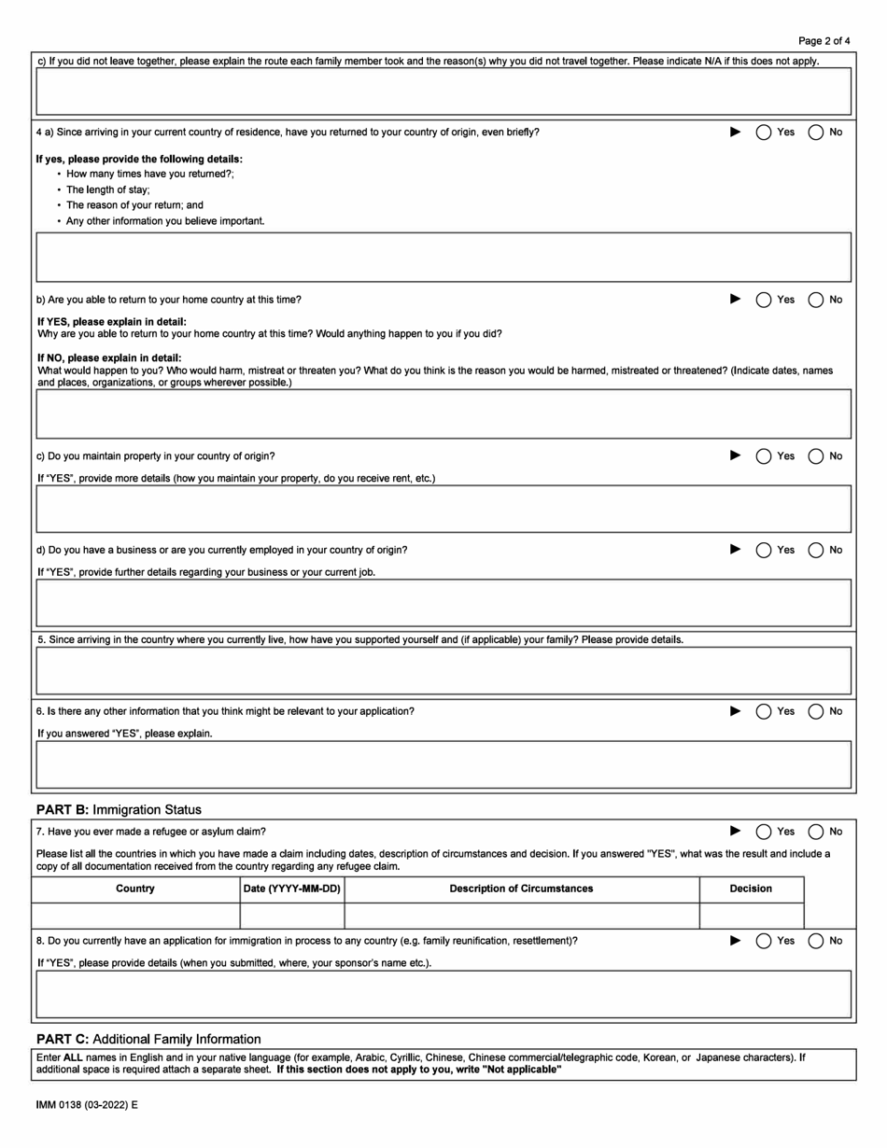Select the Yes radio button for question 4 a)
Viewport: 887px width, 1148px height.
763,132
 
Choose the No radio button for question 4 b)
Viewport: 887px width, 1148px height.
815,300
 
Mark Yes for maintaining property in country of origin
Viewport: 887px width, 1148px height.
763,455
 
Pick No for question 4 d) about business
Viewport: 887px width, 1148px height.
815,550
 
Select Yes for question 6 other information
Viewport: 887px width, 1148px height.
763,711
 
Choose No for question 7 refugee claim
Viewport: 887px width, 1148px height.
815,832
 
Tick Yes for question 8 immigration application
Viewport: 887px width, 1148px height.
763,941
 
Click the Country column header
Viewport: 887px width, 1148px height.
135,889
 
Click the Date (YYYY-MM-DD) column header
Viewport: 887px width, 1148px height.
291,889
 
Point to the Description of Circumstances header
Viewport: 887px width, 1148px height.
521,889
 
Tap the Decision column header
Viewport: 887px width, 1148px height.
751,889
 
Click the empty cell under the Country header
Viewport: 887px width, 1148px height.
135,915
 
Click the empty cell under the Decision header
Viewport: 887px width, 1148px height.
751,915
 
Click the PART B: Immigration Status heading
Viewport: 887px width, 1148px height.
119,809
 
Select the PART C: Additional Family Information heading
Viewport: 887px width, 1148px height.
148,1039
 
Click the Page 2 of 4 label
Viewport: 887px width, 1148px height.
824,41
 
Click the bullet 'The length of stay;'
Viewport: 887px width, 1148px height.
107,189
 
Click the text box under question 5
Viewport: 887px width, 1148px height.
443,670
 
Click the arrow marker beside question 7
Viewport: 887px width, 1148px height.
735,831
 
